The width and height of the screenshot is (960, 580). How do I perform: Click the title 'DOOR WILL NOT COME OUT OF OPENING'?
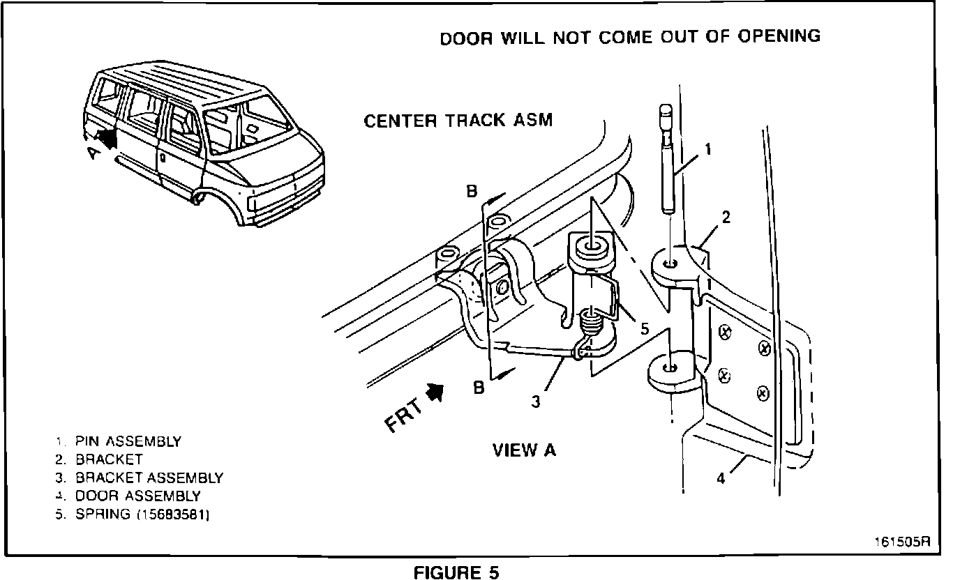pos(629,37)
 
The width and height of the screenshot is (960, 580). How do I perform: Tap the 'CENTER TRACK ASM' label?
pos(458,121)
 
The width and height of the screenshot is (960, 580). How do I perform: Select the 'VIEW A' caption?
pos(524,450)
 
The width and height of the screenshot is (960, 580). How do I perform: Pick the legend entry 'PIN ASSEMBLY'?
pos(128,441)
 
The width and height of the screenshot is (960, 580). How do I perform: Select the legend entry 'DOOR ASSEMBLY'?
pos(137,496)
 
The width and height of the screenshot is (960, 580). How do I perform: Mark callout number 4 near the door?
pos(721,479)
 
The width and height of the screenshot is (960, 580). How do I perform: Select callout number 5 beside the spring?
pos(644,327)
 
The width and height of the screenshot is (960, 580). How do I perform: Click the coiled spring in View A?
pos(590,325)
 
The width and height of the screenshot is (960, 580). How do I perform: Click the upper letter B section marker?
pos(472,193)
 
